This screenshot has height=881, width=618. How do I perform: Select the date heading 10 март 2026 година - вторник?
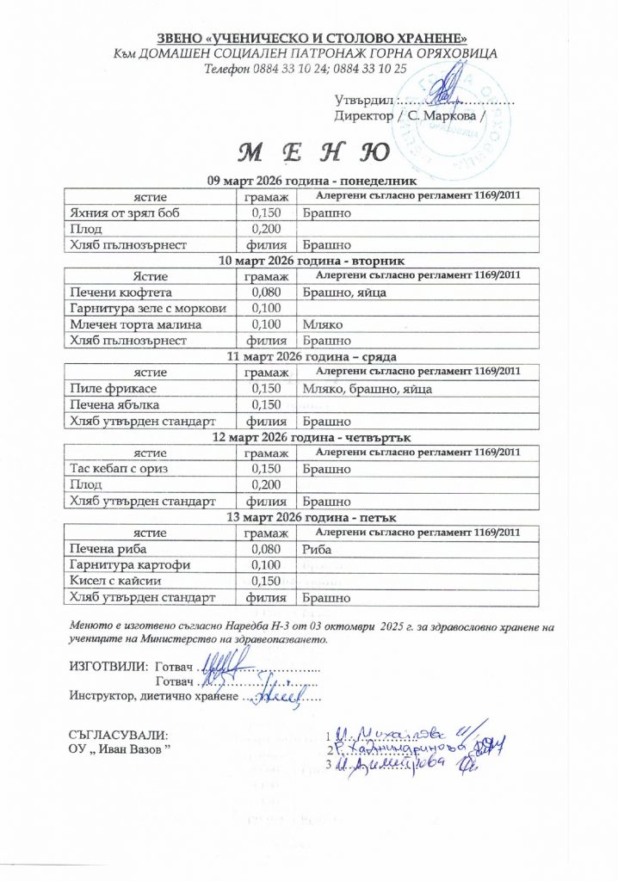[312, 261]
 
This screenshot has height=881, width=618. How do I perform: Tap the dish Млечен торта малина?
[135, 324]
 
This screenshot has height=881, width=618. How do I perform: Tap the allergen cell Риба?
[317, 548]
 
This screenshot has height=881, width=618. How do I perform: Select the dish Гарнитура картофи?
[128, 564]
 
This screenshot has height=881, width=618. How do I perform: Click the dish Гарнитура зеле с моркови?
[147, 309]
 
